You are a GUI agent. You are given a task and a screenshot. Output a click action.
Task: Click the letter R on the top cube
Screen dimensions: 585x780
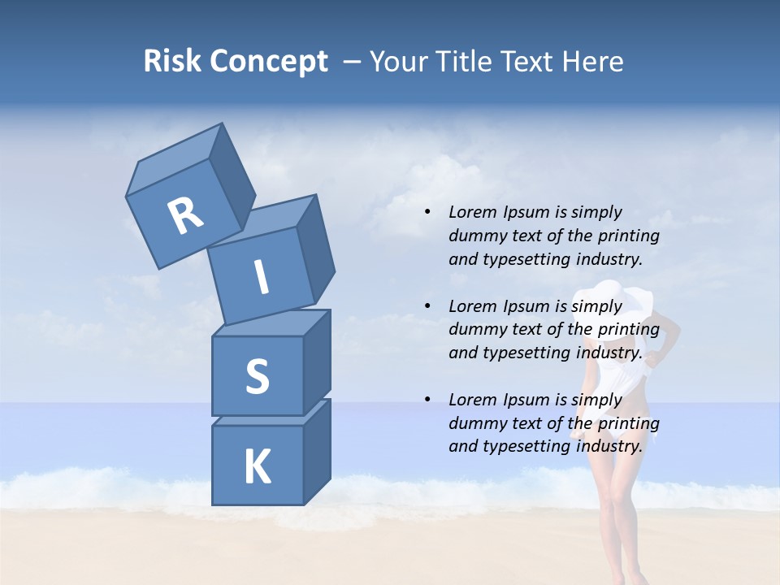(185, 215)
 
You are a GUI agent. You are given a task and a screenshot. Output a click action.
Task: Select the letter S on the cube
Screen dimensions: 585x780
(257, 376)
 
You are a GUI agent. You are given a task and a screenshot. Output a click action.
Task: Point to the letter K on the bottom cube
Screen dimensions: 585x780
(257, 467)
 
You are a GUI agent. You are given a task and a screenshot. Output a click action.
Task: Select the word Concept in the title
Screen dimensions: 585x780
(269, 61)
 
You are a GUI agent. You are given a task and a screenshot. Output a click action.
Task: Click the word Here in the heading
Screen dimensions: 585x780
(591, 61)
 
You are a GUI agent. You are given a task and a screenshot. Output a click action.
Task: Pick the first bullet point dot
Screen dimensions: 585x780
(427, 213)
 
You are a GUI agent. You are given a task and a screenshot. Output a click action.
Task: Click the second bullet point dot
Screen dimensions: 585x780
(427, 306)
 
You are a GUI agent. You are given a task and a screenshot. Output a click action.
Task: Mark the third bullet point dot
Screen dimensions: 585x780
(427, 400)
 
